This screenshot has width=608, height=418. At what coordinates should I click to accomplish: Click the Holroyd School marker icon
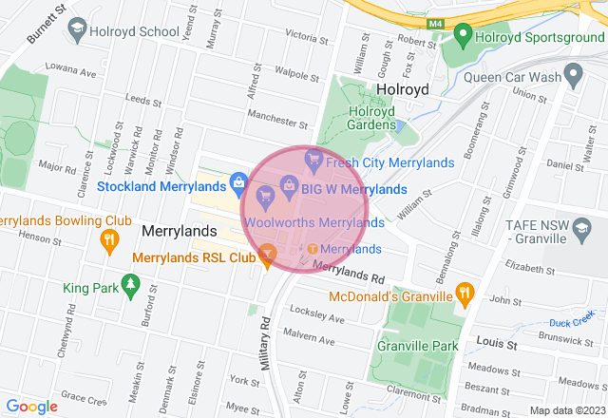[75, 30]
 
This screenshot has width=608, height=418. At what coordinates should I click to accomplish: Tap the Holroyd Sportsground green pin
[463, 37]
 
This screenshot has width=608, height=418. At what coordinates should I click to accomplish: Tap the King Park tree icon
[130, 283]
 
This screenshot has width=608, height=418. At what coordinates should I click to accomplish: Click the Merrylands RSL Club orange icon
[267, 253]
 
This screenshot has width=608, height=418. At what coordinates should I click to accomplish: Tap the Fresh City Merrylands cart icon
[312, 162]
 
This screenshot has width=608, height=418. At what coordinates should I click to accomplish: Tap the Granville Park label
[417, 346]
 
